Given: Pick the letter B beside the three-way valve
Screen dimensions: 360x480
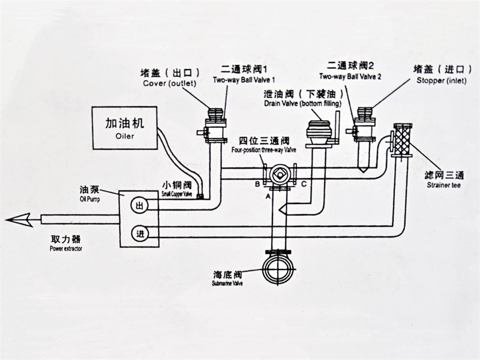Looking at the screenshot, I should click(x=257, y=183).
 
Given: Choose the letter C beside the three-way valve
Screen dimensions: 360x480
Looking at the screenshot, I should click(x=303, y=183).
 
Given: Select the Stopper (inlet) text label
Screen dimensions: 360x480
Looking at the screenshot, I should click(x=436, y=80).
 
